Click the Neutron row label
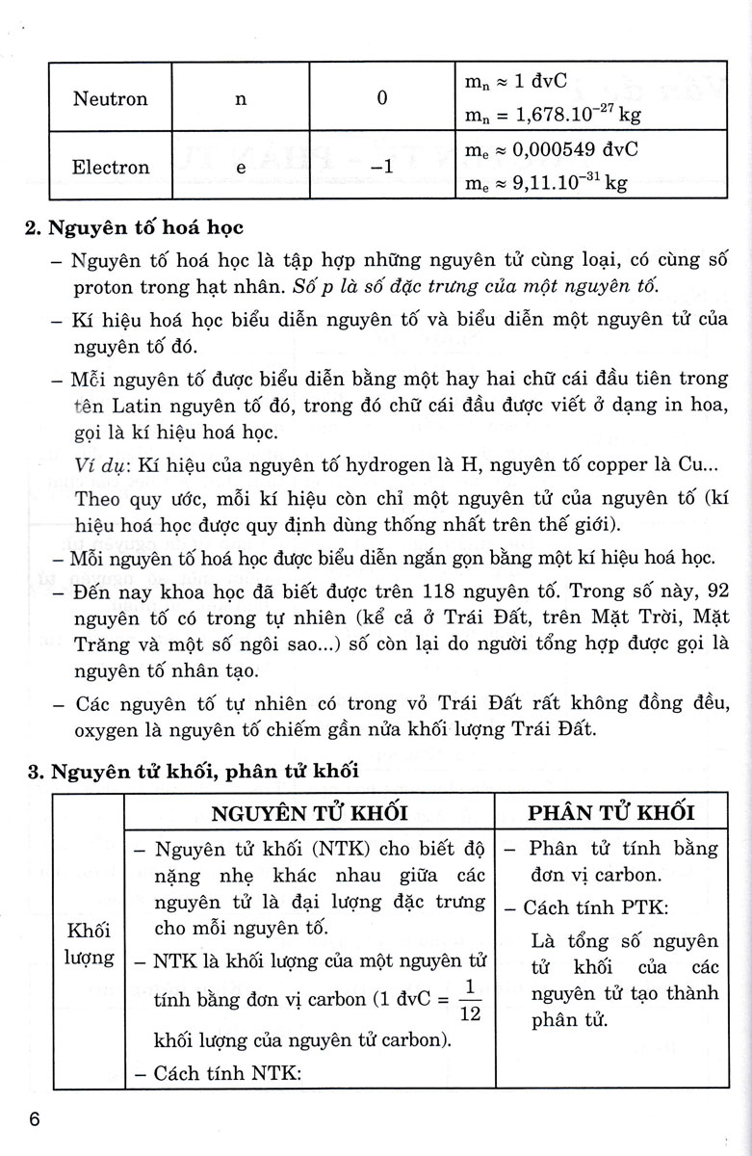[x=111, y=99]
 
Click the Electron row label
[x=111, y=167]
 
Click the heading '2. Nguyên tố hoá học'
[x=135, y=228]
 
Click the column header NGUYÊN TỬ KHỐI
[x=308, y=812]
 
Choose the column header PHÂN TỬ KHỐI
[x=611, y=812]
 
